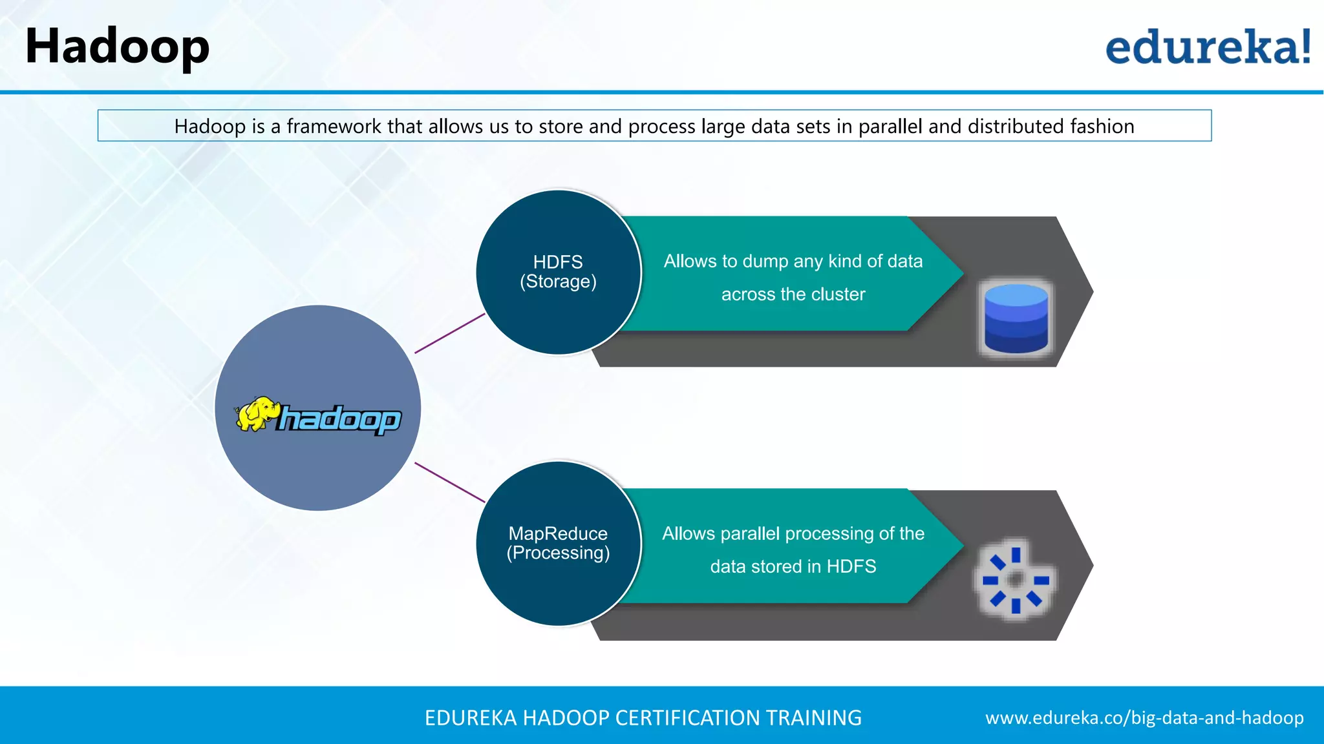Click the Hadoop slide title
[117, 46]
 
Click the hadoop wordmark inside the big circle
[340, 420]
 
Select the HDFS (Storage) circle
[558, 272]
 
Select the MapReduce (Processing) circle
[558, 543]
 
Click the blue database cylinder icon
[1016, 318]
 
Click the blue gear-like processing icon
[1015, 579]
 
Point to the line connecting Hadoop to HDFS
[449, 333]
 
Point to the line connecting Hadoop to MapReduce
[449, 482]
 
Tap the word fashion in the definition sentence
[1102, 126]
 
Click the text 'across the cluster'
[793, 294]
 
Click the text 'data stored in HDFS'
[793, 566]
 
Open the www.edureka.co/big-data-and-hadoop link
[1144, 718]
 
